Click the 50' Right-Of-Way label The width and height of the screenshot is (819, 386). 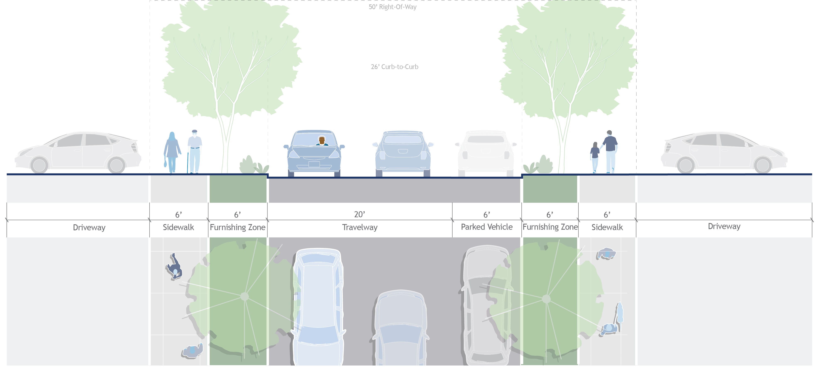pos(392,7)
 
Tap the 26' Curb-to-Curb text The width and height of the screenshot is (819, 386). pos(394,67)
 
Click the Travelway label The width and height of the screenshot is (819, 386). pos(360,227)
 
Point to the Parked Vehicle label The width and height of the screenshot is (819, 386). pos(486,227)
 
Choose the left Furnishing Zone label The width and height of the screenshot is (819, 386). pos(237,227)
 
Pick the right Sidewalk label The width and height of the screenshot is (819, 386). pos(607,227)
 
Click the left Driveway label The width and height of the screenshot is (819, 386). pos(89,227)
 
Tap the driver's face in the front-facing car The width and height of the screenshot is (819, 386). pos(322,140)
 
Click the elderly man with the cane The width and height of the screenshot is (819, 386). pos(195,151)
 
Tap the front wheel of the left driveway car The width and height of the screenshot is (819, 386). pos(39,165)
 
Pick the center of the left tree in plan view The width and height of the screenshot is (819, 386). pos(245,296)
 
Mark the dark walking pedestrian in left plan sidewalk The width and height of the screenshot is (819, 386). pos(174,267)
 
